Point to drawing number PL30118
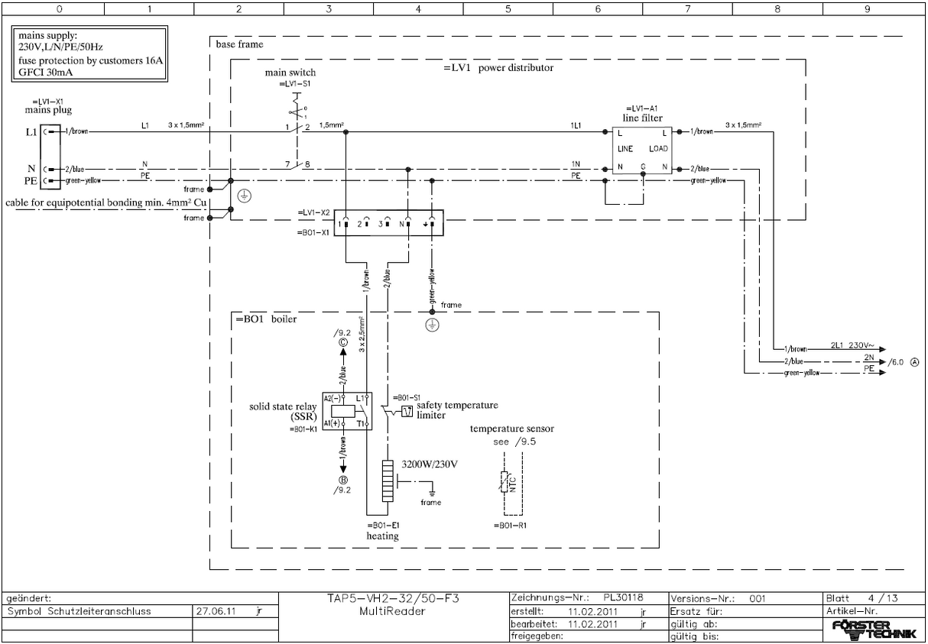tap(624, 598)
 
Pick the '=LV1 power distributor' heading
tap(498, 67)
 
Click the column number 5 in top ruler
tap(508, 9)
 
